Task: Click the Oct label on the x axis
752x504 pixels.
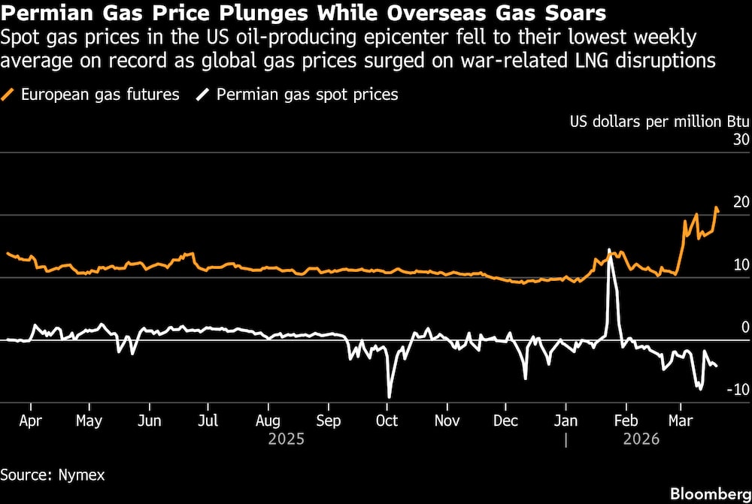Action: tap(387, 421)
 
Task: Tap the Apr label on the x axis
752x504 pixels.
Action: tap(30, 421)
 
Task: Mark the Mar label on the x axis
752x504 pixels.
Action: tap(681, 421)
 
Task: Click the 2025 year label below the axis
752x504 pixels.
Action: tap(286, 439)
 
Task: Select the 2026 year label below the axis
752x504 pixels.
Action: tap(641, 439)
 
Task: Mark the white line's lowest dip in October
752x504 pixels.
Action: tap(389, 397)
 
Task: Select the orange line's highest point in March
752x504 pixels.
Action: tap(716, 208)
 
